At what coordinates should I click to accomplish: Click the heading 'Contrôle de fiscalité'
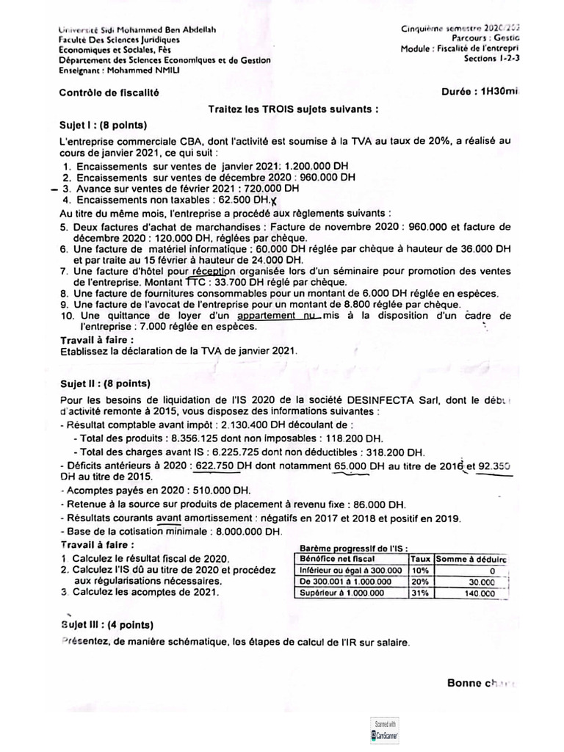[x=109, y=93]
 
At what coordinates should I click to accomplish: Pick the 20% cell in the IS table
[x=419, y=581]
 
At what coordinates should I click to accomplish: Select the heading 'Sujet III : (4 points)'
[x=106, y=625]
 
